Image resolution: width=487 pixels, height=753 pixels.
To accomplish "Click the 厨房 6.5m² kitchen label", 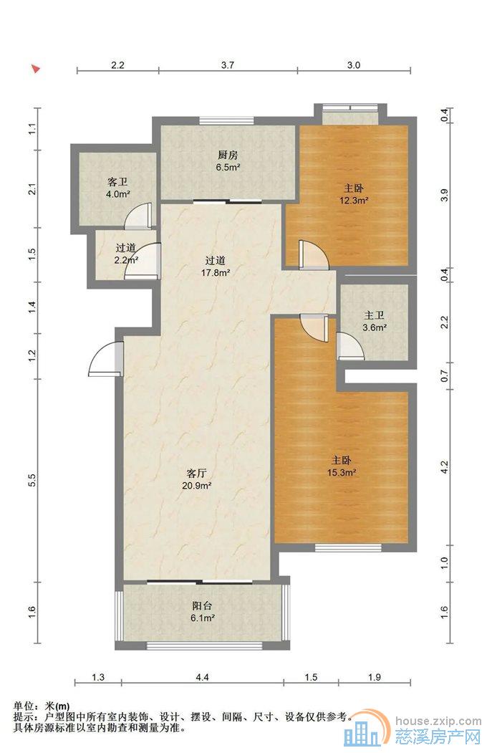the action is pos(228,161).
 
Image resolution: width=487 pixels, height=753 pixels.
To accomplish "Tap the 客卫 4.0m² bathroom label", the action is pos(118,188).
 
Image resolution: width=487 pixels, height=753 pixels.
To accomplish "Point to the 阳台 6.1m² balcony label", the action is pos(203,611).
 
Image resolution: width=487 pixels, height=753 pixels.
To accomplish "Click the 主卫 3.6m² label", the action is pos(375,321).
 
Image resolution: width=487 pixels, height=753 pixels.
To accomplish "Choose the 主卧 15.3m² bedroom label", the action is pos(341,466).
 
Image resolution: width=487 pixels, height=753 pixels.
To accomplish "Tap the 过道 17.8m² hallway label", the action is pos(216,267).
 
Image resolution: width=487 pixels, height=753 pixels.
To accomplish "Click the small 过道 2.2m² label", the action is pos(127,254).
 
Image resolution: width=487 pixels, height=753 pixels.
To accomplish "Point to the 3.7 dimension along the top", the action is pos(228,65).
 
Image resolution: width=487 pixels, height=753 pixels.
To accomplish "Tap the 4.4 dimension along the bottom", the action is pos(203,677).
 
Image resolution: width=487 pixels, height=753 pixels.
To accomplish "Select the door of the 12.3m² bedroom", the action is pos(313,254).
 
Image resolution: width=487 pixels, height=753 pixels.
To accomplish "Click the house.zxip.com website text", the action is pos(438,720).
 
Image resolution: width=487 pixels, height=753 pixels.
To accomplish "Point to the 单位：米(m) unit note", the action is pos(42,706).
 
